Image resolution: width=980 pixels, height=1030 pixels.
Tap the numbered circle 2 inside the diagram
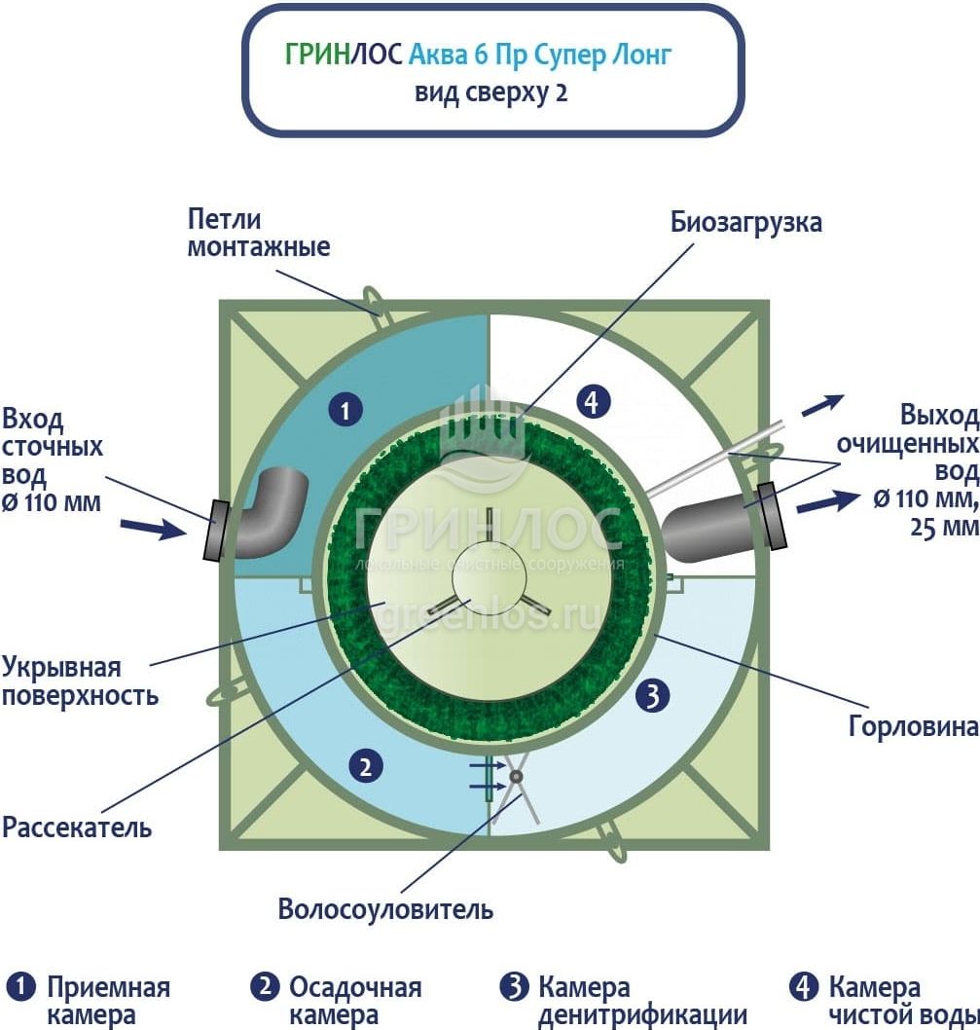coord(365,767)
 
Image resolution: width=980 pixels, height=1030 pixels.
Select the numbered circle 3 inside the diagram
coord(653,695)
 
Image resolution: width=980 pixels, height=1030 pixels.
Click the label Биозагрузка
coord(745,222)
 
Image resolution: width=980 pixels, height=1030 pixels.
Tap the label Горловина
coord(913,726)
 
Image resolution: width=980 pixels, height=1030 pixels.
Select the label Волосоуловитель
coord(385,910)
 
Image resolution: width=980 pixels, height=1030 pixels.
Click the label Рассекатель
coord(77,828)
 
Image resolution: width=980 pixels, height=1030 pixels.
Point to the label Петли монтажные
coord(258,234)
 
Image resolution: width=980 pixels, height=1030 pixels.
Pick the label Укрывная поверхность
coord(80,681)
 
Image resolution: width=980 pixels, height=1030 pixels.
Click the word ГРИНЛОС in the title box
coord(343,55)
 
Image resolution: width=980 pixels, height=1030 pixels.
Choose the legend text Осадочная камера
coord(354,1001)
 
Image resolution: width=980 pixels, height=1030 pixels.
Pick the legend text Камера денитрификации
coord(641,1001)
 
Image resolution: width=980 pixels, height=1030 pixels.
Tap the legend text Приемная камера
coord(107,1001)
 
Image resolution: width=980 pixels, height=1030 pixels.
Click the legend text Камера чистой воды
coord(901,1001)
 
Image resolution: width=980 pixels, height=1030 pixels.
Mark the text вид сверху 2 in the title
coord(491,93)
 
